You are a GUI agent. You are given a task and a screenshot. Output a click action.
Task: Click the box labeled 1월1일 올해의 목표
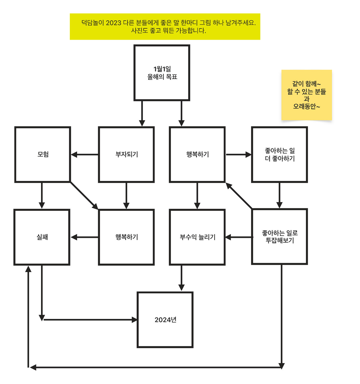tap(162, 73)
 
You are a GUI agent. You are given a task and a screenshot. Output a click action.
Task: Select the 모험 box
tap(42, 154)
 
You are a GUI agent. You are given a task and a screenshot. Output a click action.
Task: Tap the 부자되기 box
tap(126, 154)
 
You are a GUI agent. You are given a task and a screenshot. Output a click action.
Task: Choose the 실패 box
tap(42, 237)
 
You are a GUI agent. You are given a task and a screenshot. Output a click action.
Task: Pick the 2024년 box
tap(165, 320)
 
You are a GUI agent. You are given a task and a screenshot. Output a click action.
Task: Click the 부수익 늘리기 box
tap(197, 237)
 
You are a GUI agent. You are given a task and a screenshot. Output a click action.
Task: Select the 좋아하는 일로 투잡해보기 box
tap(279, 236)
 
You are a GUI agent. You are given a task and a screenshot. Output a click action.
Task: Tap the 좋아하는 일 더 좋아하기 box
tap(279, 154)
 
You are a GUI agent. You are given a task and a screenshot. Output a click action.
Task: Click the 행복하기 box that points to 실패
tap(126, 237)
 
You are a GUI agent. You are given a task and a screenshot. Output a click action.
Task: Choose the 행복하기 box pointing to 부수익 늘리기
tap(197, 154)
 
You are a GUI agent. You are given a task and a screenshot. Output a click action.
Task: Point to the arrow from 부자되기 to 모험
tap(84, 154)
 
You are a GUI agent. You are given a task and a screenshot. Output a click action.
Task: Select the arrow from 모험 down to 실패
tap(42, 195)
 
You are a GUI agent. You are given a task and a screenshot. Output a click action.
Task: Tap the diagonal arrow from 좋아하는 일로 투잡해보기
tap(239, 196)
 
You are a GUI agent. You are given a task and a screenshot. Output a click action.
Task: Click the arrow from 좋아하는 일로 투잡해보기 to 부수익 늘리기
tap(239, 237)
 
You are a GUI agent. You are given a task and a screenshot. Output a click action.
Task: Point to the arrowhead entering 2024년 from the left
tap(134, 320)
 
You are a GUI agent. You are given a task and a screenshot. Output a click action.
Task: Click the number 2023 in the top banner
tap(113, 23)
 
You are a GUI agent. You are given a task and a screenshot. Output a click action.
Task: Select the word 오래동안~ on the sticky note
tap(307, 107)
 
